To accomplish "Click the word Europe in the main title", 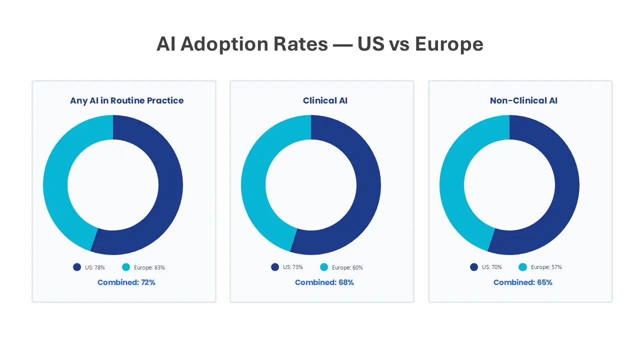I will click(449, 44).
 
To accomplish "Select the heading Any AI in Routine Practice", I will click(126, 100).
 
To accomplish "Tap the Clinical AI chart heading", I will click(325, 100).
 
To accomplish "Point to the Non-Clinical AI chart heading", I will click(523, 100).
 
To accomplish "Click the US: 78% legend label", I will click(94, 267).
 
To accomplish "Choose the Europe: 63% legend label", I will click(149, 267).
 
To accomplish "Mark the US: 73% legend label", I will click(292, 267).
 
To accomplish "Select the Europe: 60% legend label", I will click(347, 267).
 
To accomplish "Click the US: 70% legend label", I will click(491, 267).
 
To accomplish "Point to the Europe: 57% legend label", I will click(546, 267).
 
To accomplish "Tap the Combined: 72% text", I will click(126, 282).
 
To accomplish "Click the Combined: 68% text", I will click(324, 282).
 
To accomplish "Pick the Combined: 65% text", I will click(523, 282).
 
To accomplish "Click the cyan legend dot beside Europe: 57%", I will click(523, 267).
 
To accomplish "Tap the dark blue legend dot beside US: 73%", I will click(275, 267).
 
